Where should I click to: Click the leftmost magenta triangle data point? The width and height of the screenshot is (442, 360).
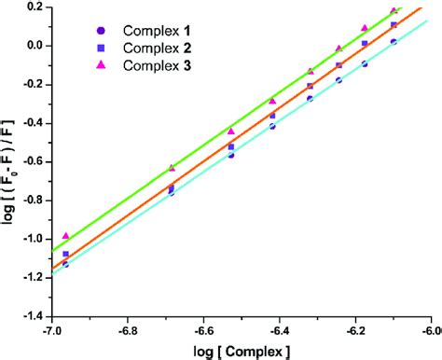click(x=65, y=236)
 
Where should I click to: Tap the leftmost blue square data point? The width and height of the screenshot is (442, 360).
click(x=65, y=254)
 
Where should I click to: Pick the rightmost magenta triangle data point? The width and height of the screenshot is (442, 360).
click(x=394, y=10)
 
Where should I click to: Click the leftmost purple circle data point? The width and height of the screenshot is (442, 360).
click(x=65, y=264)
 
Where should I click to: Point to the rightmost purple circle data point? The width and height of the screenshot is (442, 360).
click(x=394, y=41)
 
